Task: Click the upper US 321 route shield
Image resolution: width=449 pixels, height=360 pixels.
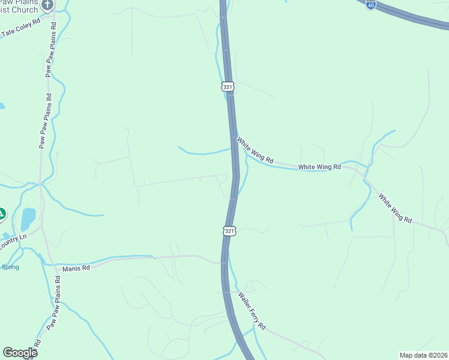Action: pyautogui.click(x=228, y=87)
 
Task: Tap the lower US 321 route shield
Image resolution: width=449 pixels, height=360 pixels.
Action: pyautogui.click(x=229, y=230)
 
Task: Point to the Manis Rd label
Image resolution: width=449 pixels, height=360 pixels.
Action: pyautogui.click(x=76, y=268)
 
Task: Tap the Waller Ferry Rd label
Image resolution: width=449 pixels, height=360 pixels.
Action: pyautogui.click(x=252, y=310)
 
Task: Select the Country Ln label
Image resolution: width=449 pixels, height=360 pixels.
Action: pyautogui.click(x=13, y=238)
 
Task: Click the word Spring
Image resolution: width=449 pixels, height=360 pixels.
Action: pyautogui.click(x=10, y=267)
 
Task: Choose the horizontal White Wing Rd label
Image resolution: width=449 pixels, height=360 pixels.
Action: pyautogui.click(x=319, y=167)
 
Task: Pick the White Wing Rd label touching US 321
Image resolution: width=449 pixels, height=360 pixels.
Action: pyautogui.click(x=255, y=151)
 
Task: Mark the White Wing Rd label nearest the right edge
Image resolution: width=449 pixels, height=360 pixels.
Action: pyautogui.click(x=394, y=208)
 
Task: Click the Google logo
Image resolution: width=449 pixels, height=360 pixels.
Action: pyautogui.click(x=20, y=353)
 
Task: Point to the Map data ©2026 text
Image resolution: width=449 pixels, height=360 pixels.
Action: pyautogui.click(x=423, y=355)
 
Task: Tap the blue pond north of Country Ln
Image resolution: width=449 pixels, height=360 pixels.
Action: pyautogui.click(x=28, y=219)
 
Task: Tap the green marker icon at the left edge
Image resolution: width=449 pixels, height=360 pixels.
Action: pyautogui.click(x=2, y=214)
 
